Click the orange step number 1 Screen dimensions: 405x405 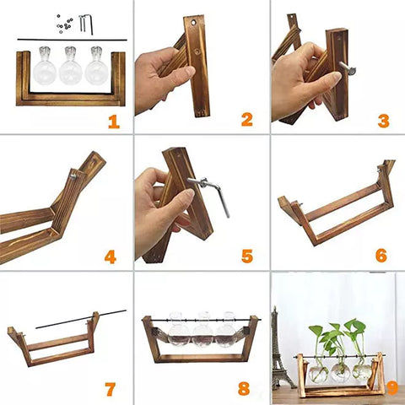click(114, 121)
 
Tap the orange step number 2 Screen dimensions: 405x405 click(247, 120)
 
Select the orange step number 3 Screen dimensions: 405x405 click(384, 121)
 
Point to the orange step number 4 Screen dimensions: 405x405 click(111, 256)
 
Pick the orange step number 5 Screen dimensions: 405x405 click(247, 256)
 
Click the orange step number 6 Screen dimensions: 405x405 click(381, 256)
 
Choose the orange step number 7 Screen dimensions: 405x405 click(110, 389)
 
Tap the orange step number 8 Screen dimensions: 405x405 click(244, 388)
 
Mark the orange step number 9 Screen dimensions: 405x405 click(393, 388)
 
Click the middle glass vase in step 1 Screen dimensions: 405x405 click(70, 66)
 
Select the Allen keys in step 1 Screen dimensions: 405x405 click(85, 24)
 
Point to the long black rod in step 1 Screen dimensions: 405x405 click(72, 40)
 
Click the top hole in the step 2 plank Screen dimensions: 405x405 click(194, 22)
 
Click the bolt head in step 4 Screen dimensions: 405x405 click(73, 176)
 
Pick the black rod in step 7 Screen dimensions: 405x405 click(81, 319)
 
